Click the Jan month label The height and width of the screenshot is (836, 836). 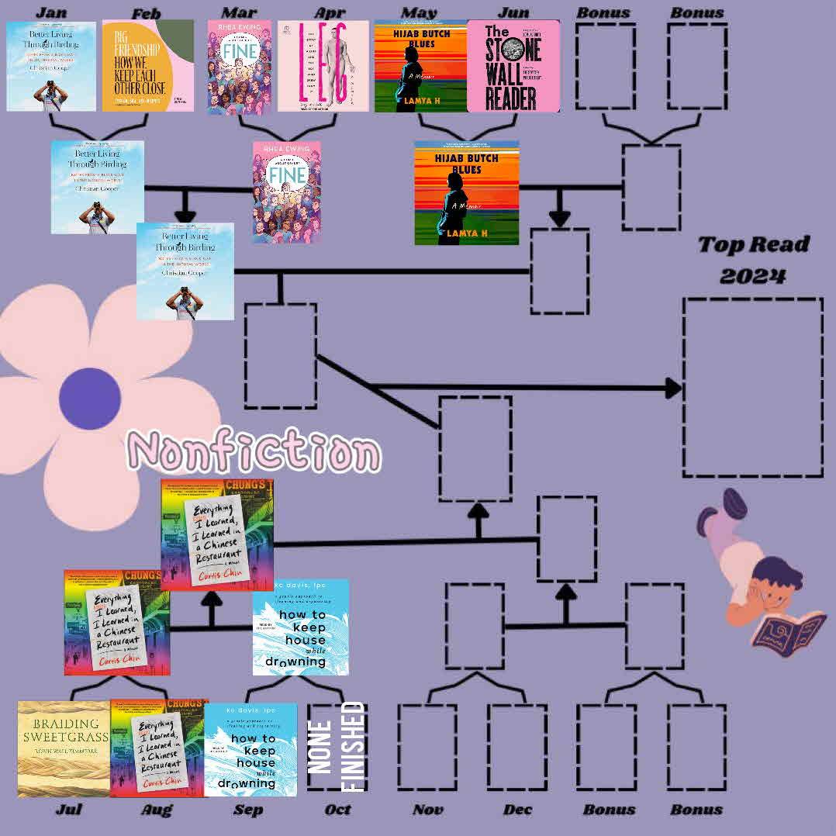pyautogui.click(x=51, y=12)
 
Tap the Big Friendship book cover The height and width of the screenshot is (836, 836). pyautogui.click(x=147, y=66)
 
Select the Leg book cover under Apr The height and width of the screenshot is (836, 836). pyautogui.click(x=323, y=66)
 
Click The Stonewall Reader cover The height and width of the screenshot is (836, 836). pyautogui.click(x=513, y=67)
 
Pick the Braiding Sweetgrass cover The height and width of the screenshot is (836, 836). pyautogui.click(x=64, y=748)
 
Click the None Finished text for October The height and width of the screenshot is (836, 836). pyautogui.click(x=337, y=747)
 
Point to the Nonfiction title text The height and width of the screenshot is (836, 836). pyautogui.click(x=254, y=451)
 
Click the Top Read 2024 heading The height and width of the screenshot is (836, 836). pyautogui.click(x=753, y=260)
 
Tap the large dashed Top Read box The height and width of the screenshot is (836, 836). pyautogui.click(x=752, y=388)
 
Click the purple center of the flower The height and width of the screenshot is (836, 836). pyautogui.click(x=89, y=398)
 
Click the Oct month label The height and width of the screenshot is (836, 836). pyautogui.click(x=337, y=810)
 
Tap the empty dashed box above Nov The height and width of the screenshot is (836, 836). pyautogui.click(x=427, y=747)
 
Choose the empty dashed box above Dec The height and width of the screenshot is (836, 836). pyautogui.click(x=517, y=747)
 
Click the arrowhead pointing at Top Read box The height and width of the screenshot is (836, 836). pyautogui.click(x=673, y=388)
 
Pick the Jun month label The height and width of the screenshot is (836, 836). pyautogui.click(x=513, y=12)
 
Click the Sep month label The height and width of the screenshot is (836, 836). pyautogui.click(x=248, y=810)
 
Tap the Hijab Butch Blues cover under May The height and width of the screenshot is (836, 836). pyautogui.click(x=421, y=67)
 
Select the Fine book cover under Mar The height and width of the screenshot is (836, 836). pyautogui.click(x=239, y=67)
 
